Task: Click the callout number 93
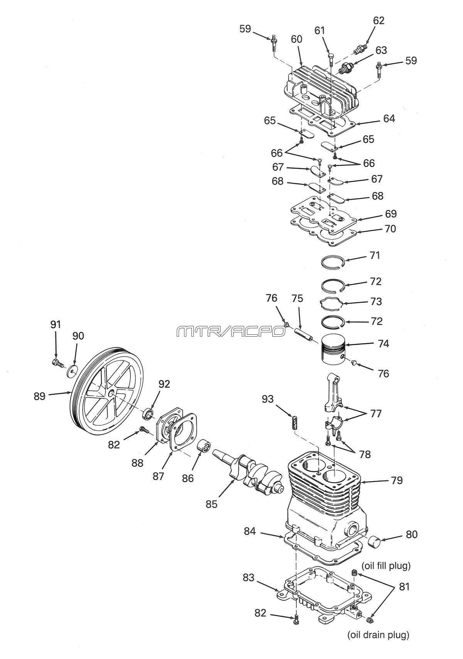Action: coord(267,399)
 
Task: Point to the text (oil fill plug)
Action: coord(386,565)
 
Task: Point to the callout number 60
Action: coord(296,39)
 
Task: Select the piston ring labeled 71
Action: coord(332,261)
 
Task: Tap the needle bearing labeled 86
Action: coord(203,444)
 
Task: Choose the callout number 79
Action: coord(397,480)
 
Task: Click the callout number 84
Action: coord(250,531)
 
